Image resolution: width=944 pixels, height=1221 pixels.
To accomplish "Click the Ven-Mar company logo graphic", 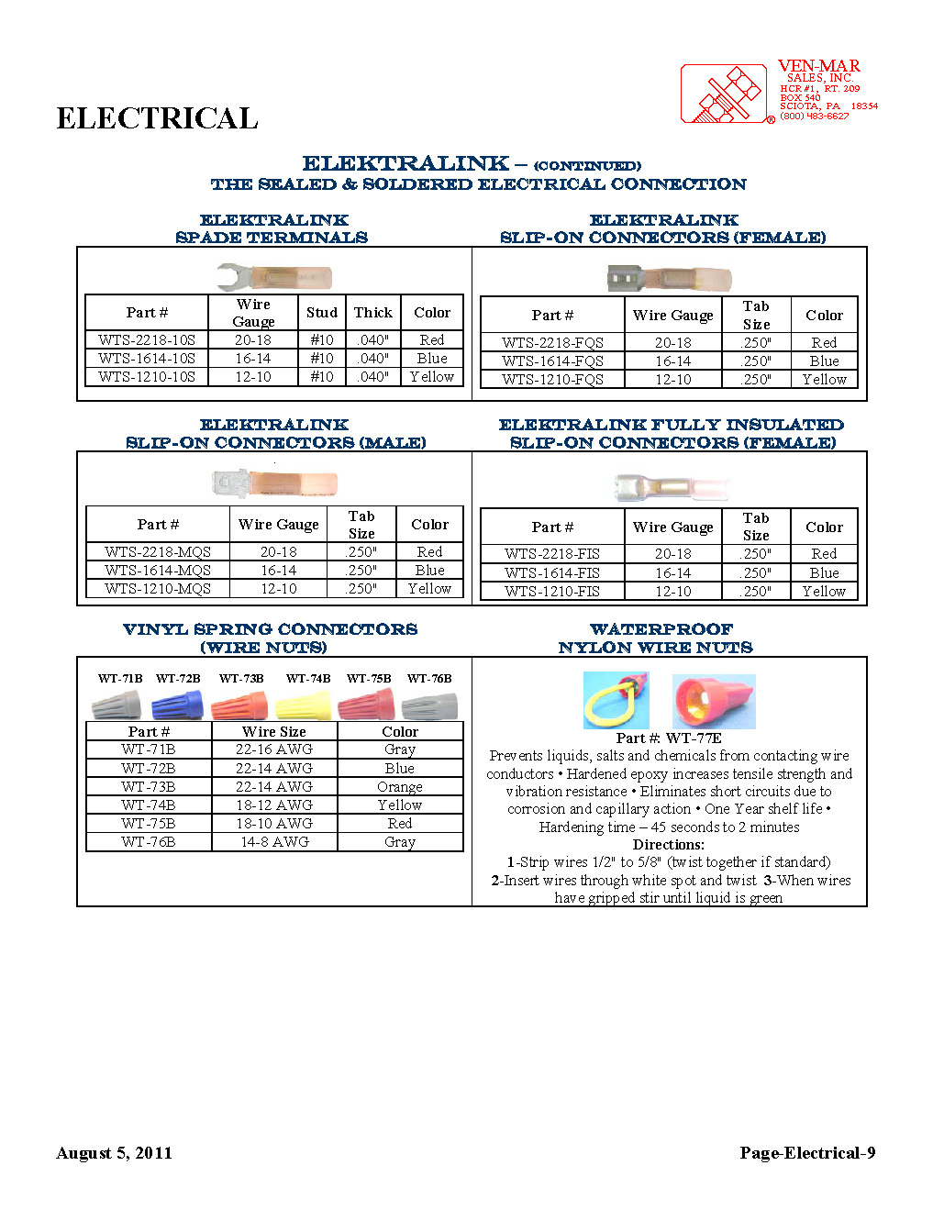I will point(726,94).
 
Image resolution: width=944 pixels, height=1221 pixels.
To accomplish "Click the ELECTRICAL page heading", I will point(157,118).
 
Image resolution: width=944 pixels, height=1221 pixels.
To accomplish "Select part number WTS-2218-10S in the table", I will point(147,340).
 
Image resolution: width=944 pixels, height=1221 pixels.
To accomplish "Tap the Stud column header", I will point(322,313).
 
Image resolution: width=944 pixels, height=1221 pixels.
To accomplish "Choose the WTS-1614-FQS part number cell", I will point(552,361).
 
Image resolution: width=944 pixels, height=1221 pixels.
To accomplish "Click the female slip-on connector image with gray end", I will point(669,278).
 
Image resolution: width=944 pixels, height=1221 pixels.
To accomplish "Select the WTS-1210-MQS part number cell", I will point(158,589).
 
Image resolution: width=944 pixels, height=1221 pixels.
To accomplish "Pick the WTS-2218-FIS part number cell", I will point(552,554).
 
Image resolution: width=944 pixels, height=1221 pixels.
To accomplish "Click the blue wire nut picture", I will point(177,705).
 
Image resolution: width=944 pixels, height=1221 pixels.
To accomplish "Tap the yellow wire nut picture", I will point(304,705).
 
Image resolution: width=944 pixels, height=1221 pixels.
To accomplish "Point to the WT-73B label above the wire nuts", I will point(241,679).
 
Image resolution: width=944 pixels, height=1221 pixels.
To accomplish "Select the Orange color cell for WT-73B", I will point(400,787).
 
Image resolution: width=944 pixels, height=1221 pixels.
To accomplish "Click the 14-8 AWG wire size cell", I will point(274,842).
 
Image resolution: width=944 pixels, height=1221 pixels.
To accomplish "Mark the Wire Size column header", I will point(274,732).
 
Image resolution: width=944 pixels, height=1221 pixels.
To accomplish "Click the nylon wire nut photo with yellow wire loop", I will point(616,701).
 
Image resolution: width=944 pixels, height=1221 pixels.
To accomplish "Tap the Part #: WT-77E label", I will point(669,738).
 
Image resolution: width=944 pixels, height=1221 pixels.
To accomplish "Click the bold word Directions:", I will point(669,845).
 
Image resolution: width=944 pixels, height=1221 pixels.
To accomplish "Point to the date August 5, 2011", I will point(115,1153).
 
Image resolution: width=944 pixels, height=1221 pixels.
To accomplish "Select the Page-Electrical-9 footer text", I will point(807,1153).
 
